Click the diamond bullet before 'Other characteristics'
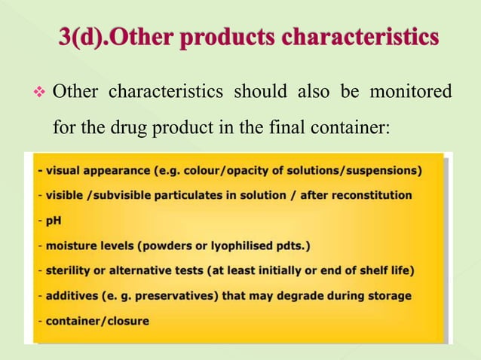pyautogui.click(x=42, y=93)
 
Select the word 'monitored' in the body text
pyautogui.click(x=410, y=93)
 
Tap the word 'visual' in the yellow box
pyautogui.click(x=64, y=169)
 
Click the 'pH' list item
pyautogui.click(x=54, y=221)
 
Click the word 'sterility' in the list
pyautogui.click(x=70, y=270)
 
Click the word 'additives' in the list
pyautogui.click(x=73, y=295)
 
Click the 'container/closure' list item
pyautogui.click(x=97, y=321)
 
